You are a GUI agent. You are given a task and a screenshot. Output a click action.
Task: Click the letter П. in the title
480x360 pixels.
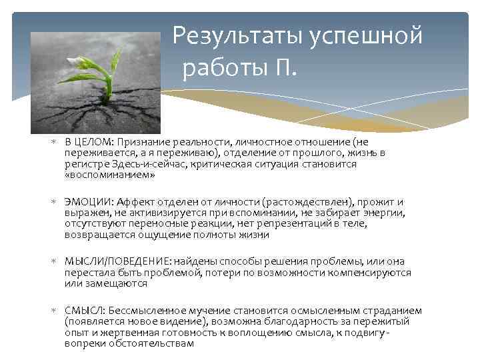click(x=285, y=68)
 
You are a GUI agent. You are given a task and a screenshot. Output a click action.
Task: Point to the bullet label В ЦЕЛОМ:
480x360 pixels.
click(x=89, y=142)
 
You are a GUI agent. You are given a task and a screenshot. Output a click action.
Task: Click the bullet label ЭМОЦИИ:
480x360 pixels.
click(x=89, y=202)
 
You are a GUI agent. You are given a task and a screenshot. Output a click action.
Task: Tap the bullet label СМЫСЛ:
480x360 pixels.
click(x=85, y=311)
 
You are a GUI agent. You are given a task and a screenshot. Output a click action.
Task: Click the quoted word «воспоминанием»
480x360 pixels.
click(x=109, y=175)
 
